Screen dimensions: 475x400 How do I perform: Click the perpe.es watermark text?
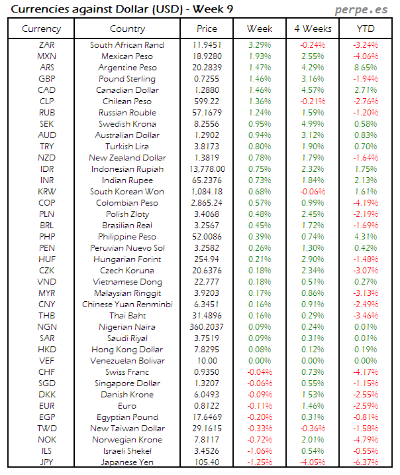362,10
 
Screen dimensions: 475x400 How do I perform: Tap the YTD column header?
364,29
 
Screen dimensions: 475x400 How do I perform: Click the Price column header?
207,29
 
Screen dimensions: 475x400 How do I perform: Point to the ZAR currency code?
47,45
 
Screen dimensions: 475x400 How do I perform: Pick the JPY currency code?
47,462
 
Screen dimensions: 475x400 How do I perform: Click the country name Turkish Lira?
127,147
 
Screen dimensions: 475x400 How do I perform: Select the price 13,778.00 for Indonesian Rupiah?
207,169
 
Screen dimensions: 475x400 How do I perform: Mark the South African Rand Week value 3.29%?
260,45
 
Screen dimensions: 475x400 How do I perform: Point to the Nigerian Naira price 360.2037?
207,327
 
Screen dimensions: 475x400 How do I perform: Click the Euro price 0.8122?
207,406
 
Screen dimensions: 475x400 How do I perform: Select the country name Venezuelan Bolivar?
127,361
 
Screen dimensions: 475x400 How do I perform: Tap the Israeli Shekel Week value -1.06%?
260,451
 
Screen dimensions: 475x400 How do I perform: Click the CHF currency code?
47,372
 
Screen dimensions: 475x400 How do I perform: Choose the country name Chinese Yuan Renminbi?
127,305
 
